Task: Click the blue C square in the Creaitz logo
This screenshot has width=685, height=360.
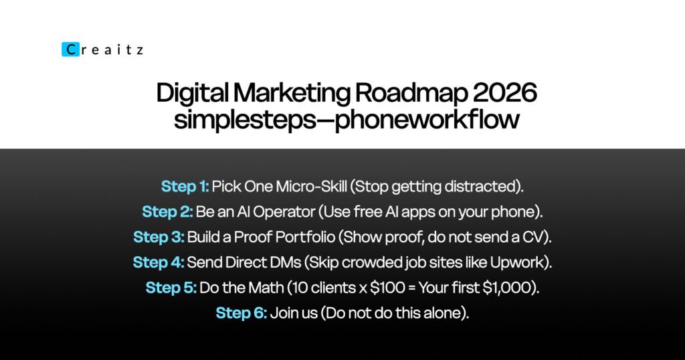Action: tap(70, 50)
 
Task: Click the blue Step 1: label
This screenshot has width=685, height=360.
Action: tap(185, 187)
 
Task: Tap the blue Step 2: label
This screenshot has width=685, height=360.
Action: tap(167, 212)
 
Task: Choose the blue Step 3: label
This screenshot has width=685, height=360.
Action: tap(159, 238)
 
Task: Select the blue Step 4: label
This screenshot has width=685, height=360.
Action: tap(159, 262)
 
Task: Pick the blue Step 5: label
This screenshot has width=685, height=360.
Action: tap(171, 288)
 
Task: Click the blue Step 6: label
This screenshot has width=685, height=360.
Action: tap(241, 313)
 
